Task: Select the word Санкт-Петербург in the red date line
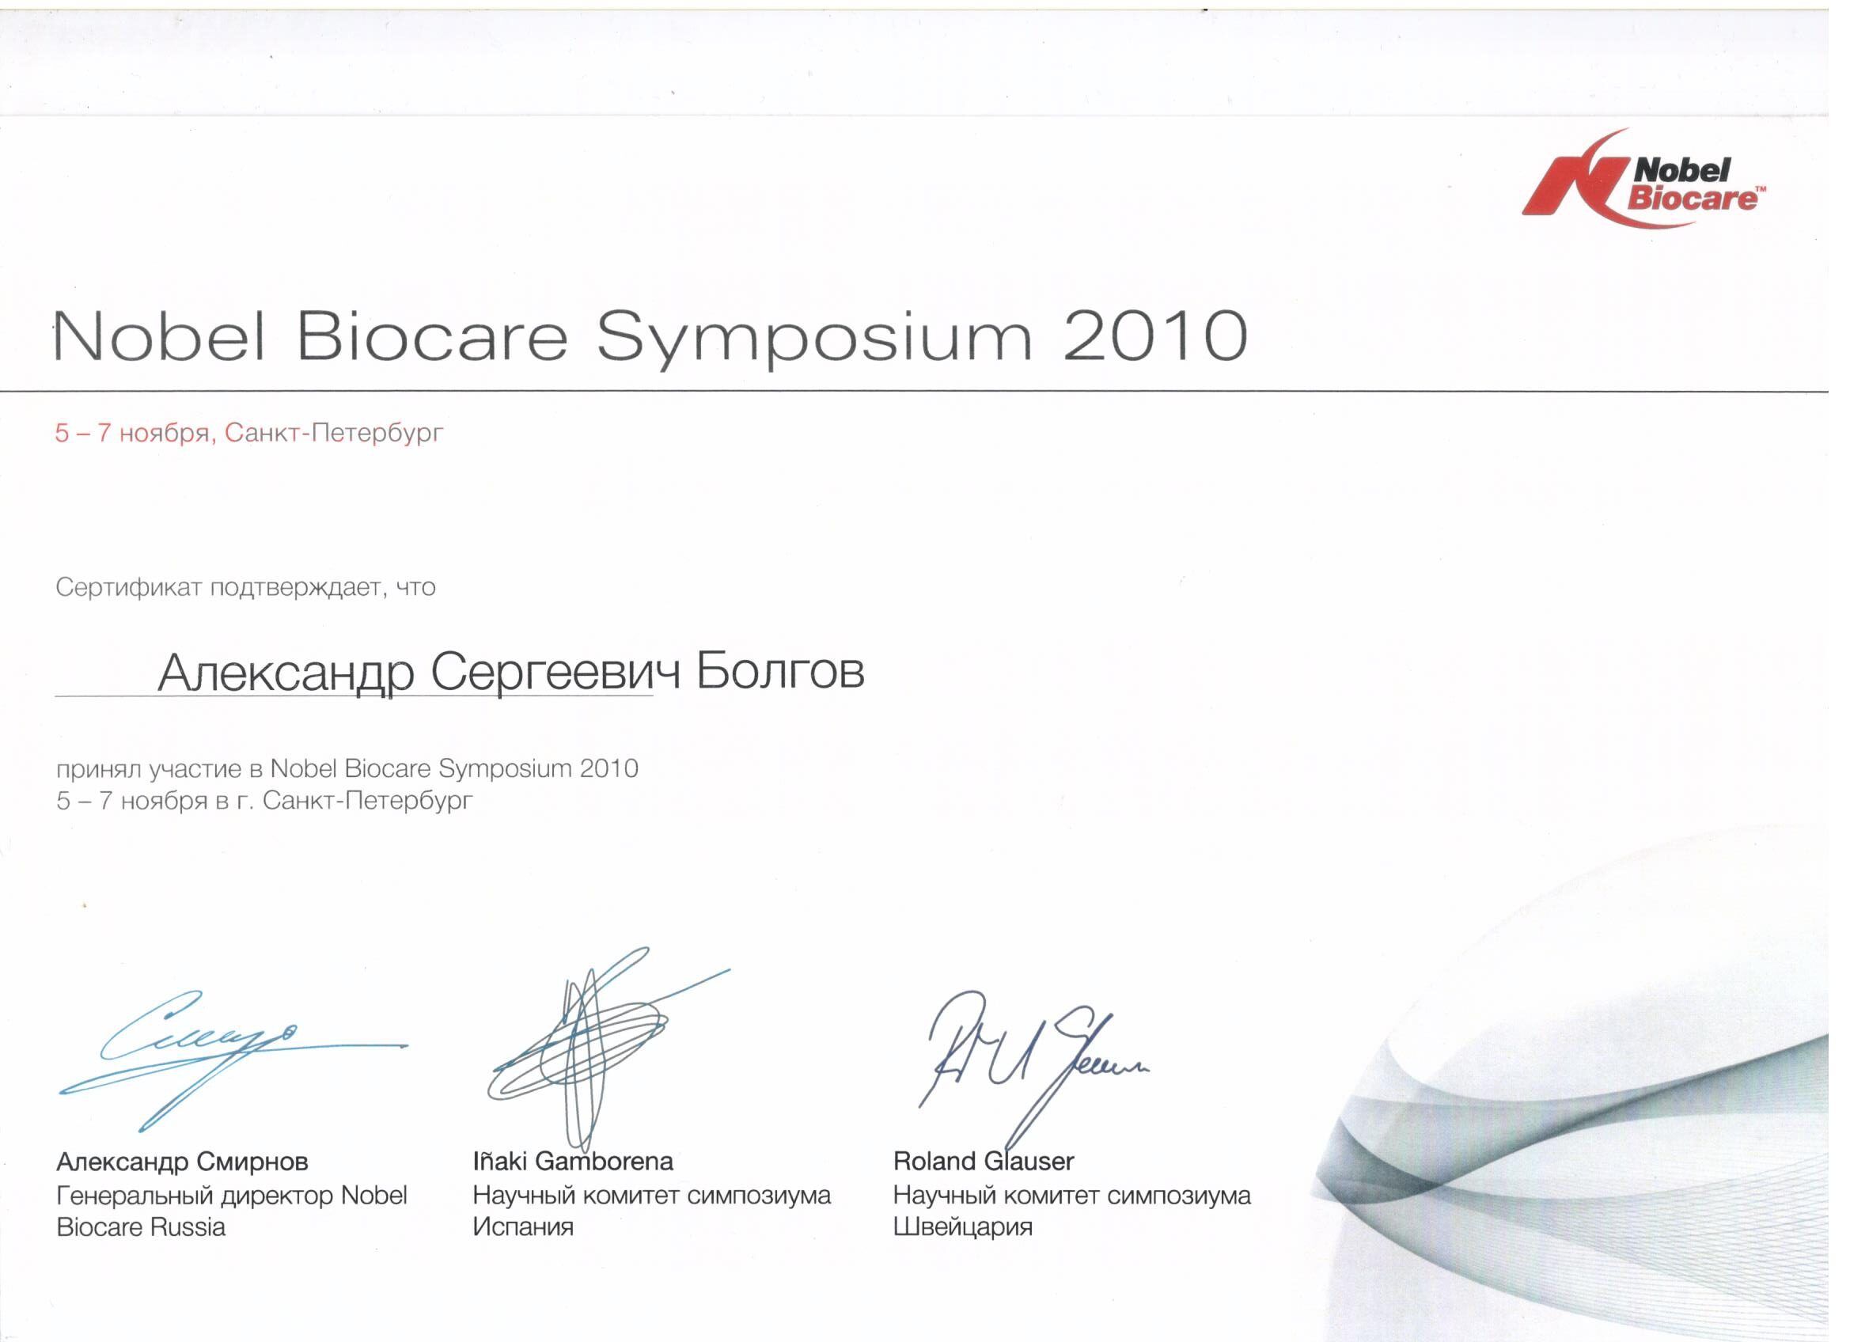[x=334, y=432]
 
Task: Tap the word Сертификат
[x=128, y=587]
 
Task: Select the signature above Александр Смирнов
[x=233, y=1059]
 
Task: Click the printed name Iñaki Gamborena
[x=574, y=1161]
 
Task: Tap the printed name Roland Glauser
[x=984, y=1161]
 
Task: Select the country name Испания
[x=523, y=1227]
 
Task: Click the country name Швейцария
[x=962, y=1227]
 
